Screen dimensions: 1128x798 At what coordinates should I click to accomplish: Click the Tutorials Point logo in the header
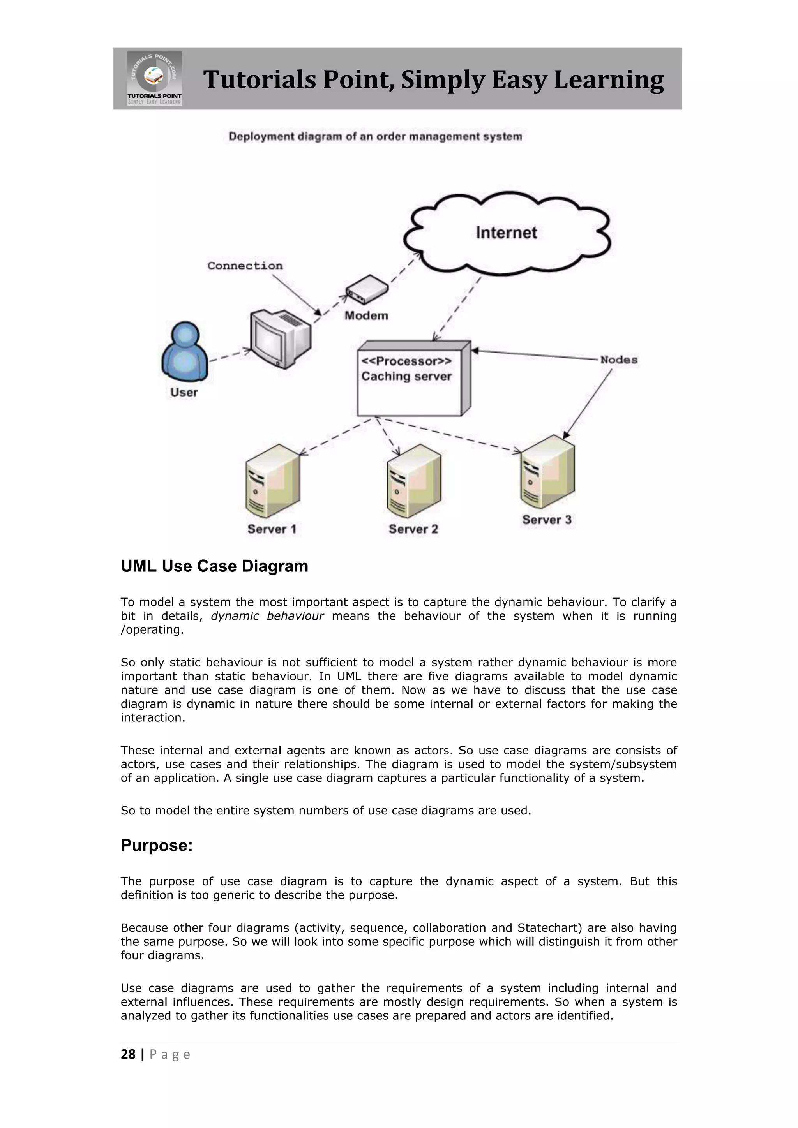154,78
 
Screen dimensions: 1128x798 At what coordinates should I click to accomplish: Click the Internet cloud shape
507,233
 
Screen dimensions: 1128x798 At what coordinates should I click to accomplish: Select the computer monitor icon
280,338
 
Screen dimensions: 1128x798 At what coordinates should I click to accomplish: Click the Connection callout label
245,266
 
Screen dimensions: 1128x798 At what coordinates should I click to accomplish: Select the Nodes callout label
619,360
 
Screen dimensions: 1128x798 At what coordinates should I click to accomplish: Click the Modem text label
366,315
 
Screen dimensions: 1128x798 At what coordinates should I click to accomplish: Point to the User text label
184,392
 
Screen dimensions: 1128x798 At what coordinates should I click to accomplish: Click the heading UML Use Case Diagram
214,566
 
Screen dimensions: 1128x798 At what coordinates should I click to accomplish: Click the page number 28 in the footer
128,1054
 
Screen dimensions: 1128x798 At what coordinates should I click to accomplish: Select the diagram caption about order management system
375,137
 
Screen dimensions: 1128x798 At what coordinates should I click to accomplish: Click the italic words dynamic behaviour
267,616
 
